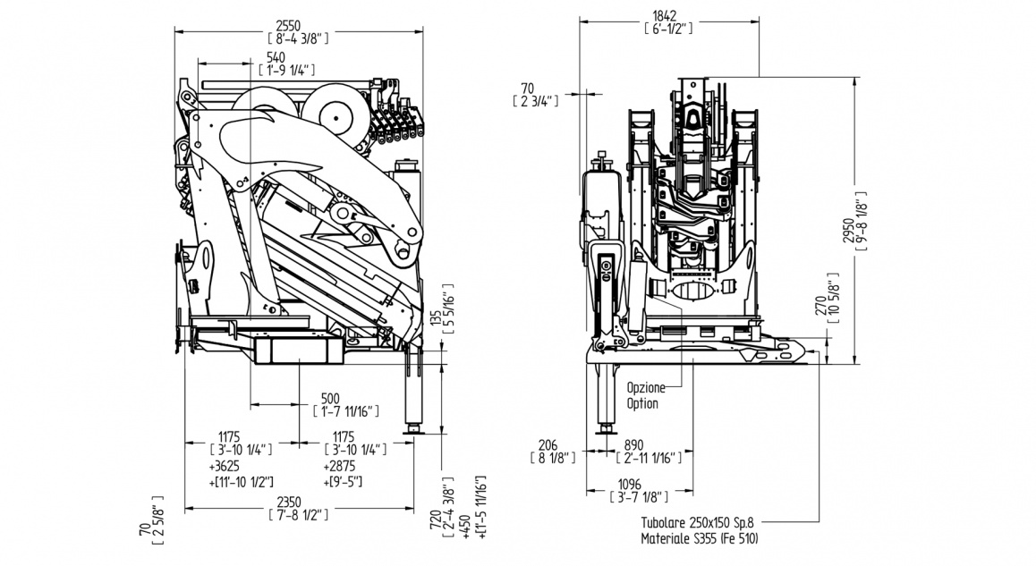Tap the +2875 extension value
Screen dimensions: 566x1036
pyautogui.click(x=343, y=466)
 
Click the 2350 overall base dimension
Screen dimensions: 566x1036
pyautogui.click(x=300, y=502)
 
